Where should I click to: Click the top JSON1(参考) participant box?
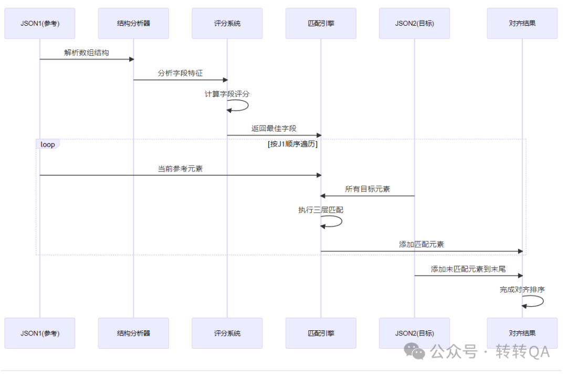[x=40, y=23]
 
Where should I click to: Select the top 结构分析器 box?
[x=133, y=23]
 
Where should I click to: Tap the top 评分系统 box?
[x=227, y=23]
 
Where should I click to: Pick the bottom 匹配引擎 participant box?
[x=321, y=333]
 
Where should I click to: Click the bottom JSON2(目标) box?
[x=414, y=333]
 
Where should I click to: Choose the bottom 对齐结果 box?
[x=522, y=333]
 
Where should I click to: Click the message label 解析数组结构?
[x=87, y=53]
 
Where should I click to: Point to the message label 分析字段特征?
[x=180, y=73]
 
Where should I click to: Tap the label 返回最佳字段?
[x=274, y=128]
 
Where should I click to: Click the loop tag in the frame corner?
[x=48, y=144]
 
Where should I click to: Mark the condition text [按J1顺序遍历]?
[x=292, y=144]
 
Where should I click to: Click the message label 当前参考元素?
[x=180, y=168]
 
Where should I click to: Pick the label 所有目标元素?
[x=367, y=189]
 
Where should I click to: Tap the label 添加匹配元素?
[x=421, y=245]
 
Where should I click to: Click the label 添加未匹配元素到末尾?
[x=468, y=269]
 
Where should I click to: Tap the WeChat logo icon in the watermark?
[x=417, y=351]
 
